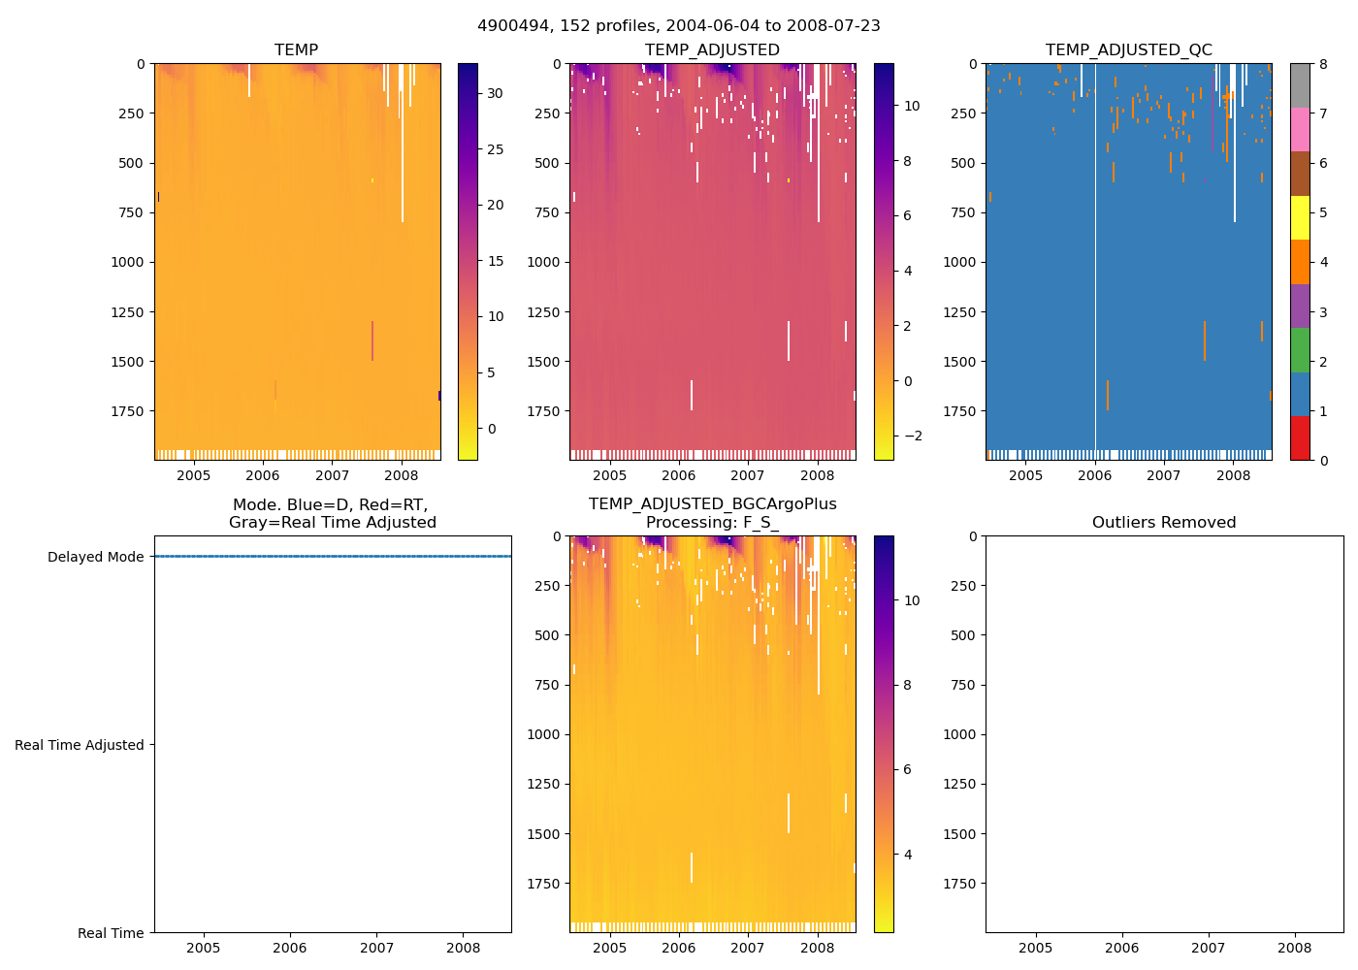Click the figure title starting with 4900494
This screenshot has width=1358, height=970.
pos(679,26)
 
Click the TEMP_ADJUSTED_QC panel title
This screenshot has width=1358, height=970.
pos(1128,49)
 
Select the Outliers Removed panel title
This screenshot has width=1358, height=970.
pos(1164,522)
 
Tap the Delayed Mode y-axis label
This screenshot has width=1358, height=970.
pos(95,557)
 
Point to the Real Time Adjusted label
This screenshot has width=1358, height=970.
pos(79,745)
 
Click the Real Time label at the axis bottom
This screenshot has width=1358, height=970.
pos(111,933)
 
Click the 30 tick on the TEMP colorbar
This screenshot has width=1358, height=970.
pos(495,93)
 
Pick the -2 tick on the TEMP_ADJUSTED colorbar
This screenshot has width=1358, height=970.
pos(913,436)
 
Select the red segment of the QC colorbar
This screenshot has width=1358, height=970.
pos(1300,438)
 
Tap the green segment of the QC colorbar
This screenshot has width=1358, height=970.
pos(1300,350)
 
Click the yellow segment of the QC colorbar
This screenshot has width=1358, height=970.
pos(1300,218)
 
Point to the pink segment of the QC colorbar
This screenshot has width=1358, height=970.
pos(1300,130)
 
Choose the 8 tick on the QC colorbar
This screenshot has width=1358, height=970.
pos(1323,64)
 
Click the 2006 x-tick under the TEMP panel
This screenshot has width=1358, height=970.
pos(262,475)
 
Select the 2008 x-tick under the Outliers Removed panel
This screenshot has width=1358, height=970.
pos(1295,948)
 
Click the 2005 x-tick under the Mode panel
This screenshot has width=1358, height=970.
pos(203,948)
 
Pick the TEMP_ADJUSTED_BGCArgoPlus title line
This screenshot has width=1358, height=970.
pos(712,504)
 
